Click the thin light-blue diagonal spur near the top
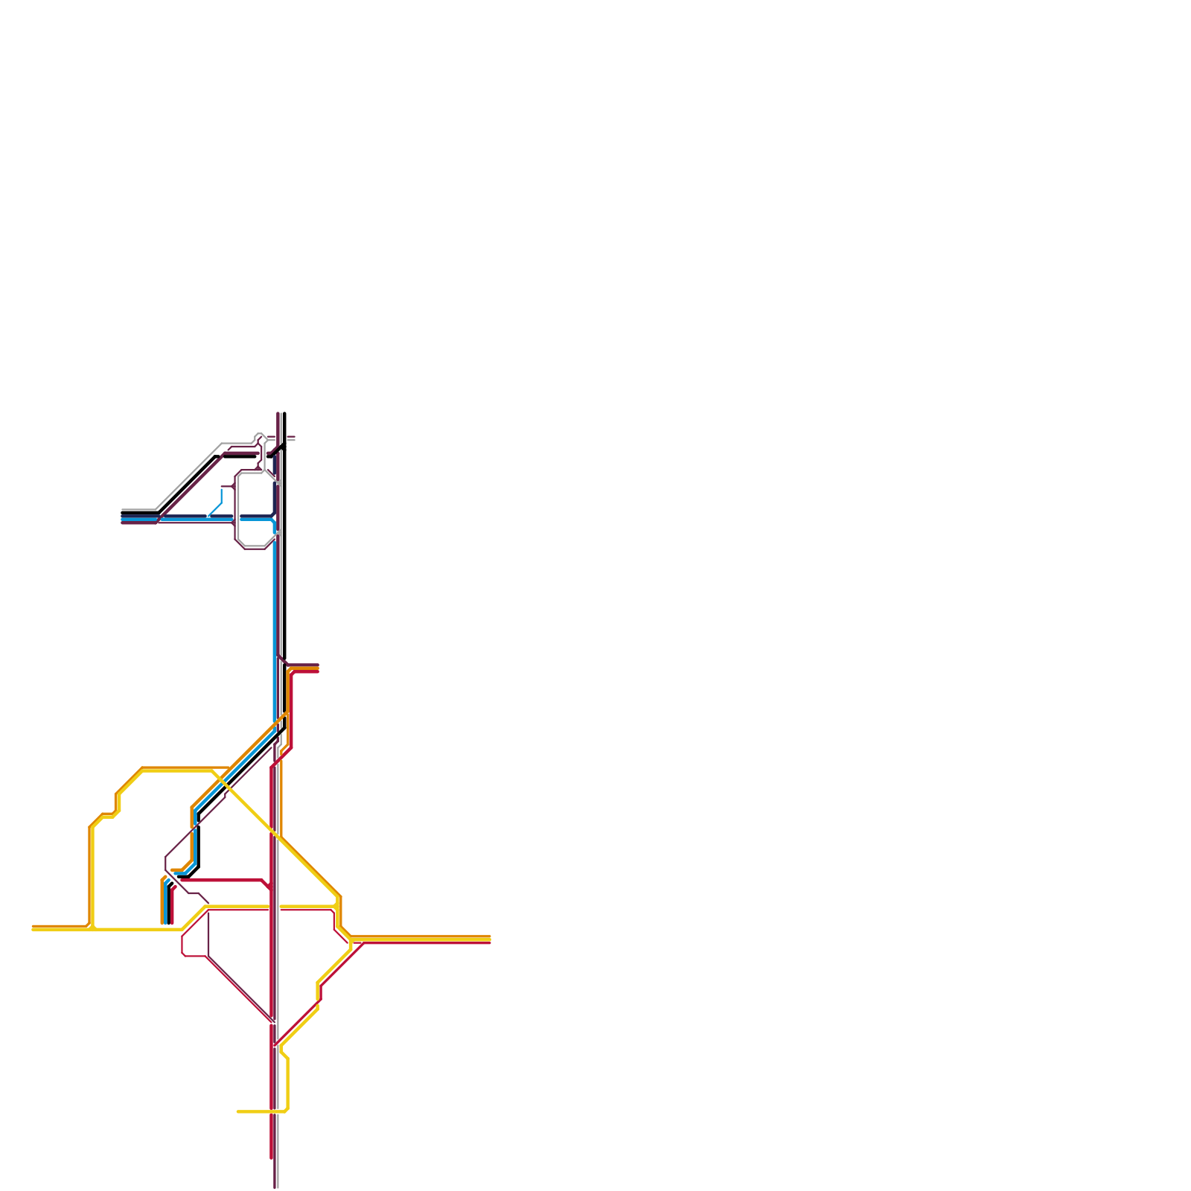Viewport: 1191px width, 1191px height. coord(215,509)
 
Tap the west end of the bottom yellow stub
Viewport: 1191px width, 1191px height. coord(238,1111)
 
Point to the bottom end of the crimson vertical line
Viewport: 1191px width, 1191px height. coord(272,1158)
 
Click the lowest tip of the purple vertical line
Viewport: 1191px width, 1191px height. coord(275,1187)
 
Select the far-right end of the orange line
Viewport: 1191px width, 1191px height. coord(490,936)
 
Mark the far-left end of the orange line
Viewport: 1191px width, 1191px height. coord(33,926)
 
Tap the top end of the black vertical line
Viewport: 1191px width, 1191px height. coord(284,414)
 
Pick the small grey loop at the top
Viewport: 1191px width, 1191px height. coord(259,437)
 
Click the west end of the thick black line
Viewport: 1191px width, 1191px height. coord(123,513)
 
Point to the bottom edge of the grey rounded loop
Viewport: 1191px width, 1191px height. coord(254,548)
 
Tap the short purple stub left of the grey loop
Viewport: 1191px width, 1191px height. coord(226,486)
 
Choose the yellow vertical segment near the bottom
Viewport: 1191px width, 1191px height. coord(287,1083)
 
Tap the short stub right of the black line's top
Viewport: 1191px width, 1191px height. coord(291,438)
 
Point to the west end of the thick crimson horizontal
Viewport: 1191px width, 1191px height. coord(182,880)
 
